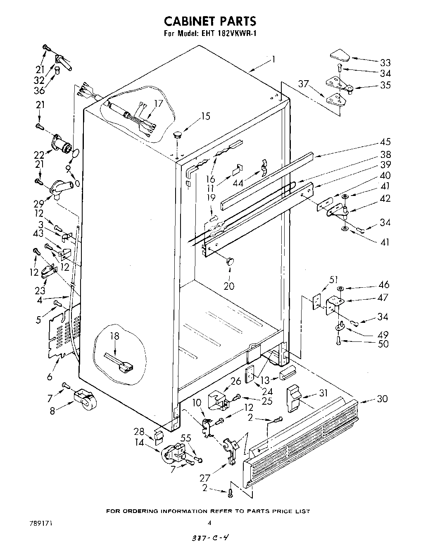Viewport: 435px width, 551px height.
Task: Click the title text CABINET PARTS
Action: click(x=210, y=21)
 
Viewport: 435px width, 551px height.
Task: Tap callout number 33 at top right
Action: click(x=385, y=62)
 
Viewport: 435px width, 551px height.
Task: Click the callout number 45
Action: click(x=385, y=142)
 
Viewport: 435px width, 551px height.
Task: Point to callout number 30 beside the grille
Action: click(x=382, y=398)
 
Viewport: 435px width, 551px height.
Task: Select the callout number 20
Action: click(x=228, y=286)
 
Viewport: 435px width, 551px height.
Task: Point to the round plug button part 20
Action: click(x=230, y=261)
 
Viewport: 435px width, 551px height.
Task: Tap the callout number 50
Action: click(x=384, y=343)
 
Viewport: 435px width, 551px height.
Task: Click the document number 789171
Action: click(x=41, y=522)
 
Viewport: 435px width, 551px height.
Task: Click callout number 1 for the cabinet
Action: click(x=272, y=60)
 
